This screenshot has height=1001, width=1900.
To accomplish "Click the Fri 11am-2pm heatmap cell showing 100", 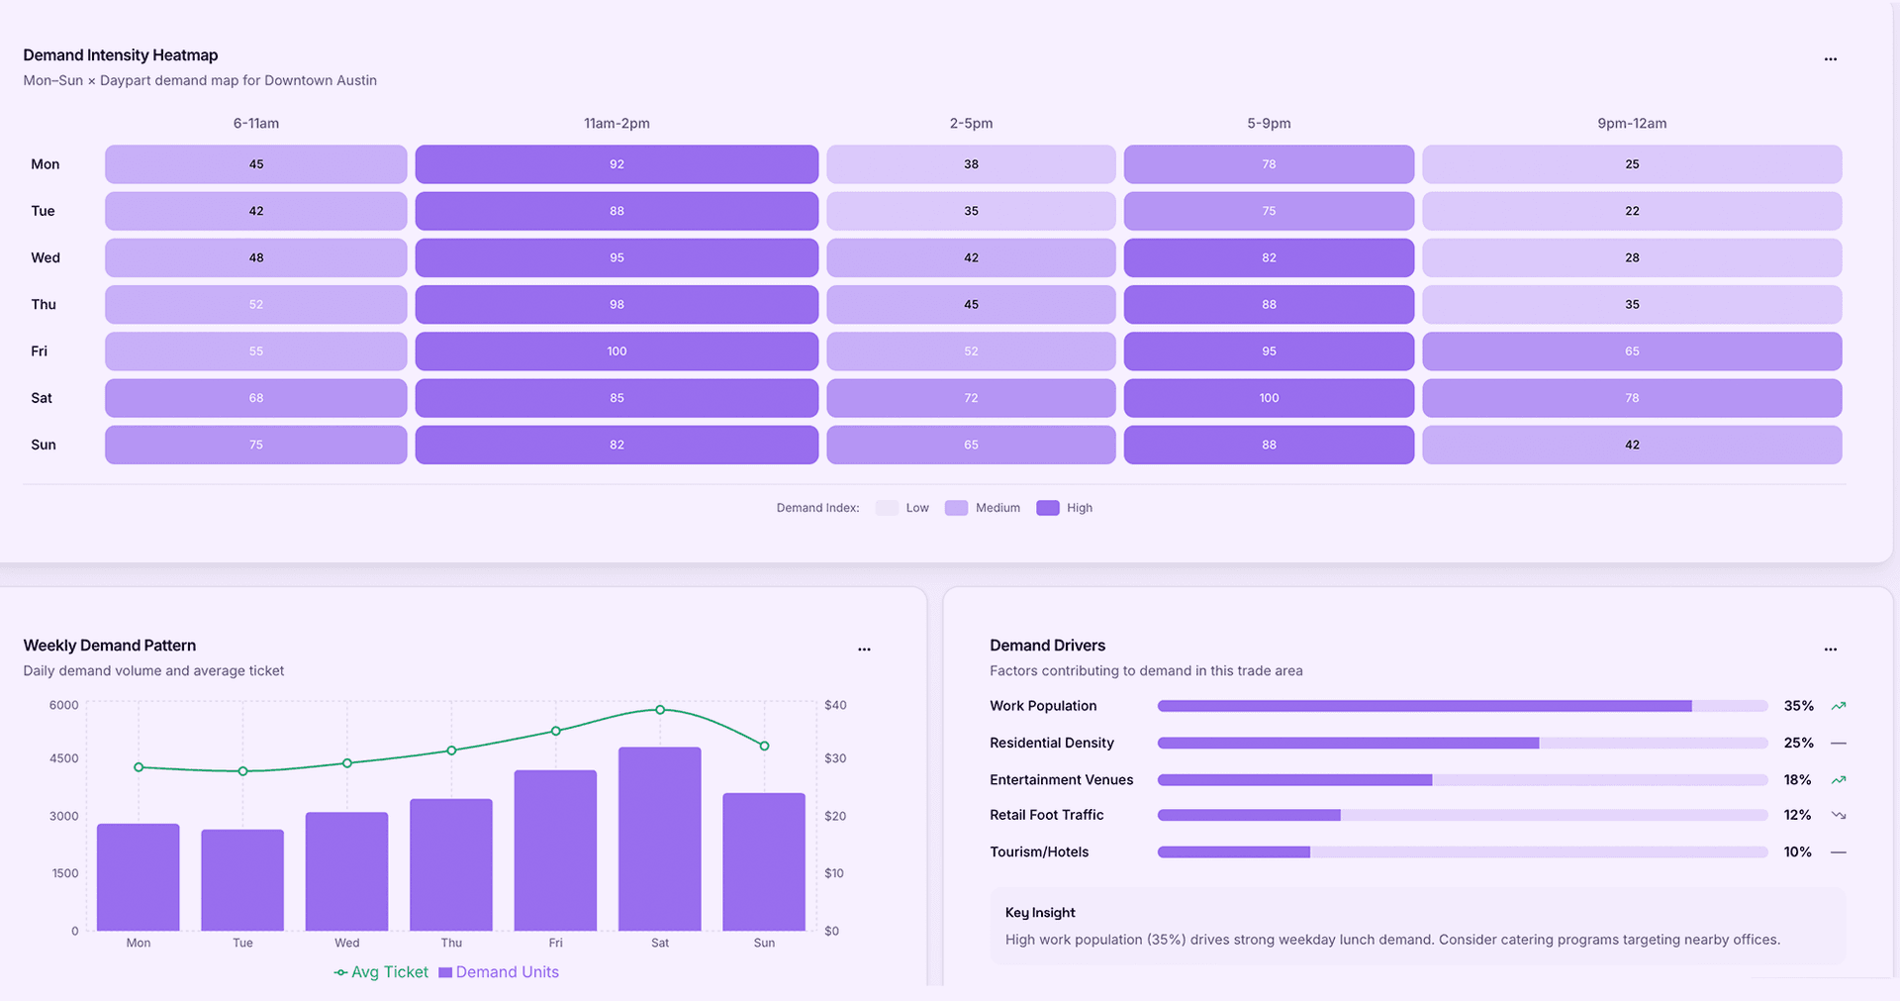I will tap(617, 351).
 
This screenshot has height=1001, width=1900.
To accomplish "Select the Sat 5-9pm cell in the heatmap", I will tap(1269, 398).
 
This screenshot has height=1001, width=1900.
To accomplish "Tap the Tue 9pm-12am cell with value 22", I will tap(1632, 211).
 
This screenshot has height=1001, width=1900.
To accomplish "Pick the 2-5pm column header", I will tap(971, 124).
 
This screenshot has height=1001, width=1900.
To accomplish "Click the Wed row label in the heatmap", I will tap(46, 257).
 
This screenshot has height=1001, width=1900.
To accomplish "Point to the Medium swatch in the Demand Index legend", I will tap(956, 508).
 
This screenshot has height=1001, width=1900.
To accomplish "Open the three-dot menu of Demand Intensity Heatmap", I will tap(1830, 59).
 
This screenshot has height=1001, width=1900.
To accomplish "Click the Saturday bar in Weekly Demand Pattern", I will tap(660, 840).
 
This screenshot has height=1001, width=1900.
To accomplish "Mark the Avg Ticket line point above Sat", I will tap(660, 710).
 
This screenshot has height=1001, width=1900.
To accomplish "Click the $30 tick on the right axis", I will tap(835, 758).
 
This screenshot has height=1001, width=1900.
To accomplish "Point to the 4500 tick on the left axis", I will tap(63, 758).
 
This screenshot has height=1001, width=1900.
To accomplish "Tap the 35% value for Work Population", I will tap(1798, 706).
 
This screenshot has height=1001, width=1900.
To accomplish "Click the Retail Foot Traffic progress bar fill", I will tap(1249, 815).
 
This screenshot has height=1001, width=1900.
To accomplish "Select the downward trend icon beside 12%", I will tap(1839, 815).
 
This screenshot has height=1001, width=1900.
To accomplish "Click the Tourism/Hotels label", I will tap(1039, 851).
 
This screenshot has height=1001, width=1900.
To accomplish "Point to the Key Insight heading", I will tap(1040, 913).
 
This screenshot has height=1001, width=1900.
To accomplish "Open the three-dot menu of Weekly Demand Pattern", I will tap(864, 650).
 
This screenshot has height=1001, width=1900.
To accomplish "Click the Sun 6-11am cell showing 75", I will tap(256, 445).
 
